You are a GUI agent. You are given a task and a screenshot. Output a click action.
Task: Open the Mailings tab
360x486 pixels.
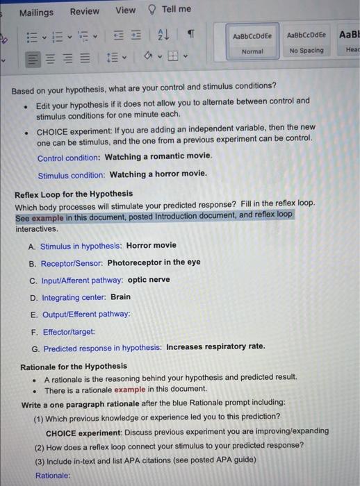[x=36, y=12]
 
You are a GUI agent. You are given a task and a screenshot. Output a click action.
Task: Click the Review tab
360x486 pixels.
[x=84, y=11]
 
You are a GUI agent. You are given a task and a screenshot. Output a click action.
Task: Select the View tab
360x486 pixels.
[x=125, y=10]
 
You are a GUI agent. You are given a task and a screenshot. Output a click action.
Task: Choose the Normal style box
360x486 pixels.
[x=253, y=42]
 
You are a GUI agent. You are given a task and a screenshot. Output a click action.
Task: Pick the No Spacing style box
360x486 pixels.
[x=306, y=42]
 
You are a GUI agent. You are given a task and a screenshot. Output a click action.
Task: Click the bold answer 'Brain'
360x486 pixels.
[x=120, y=296]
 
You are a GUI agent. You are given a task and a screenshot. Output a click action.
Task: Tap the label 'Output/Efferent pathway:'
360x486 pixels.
[x=85, y=314]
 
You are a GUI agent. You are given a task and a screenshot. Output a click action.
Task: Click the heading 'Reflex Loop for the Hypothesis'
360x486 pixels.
[x=74, y=194]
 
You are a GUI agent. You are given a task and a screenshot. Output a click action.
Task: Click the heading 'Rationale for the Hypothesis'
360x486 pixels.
[x=74, y=366]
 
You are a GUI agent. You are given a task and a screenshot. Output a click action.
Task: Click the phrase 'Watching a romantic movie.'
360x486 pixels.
[x=158, y=158]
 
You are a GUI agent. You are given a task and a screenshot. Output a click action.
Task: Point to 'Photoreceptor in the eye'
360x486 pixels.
[x=154, y=262]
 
